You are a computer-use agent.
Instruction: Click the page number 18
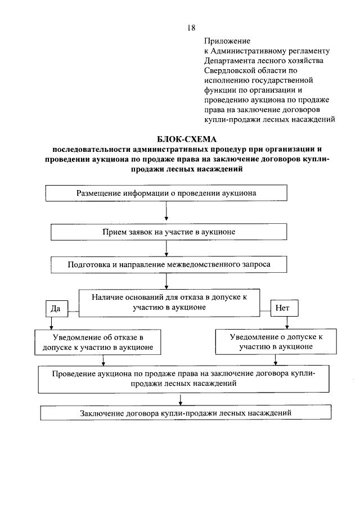coord(191,28)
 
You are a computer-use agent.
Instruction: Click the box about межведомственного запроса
coord(169,264)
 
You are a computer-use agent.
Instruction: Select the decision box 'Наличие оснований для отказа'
coord(169,303)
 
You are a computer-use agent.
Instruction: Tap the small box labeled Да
coord(55,308)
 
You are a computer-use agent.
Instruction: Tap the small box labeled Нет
coord(283,308)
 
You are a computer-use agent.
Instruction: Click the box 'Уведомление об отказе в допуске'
coord(94,342)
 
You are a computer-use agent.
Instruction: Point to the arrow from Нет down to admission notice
coord(288,323)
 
